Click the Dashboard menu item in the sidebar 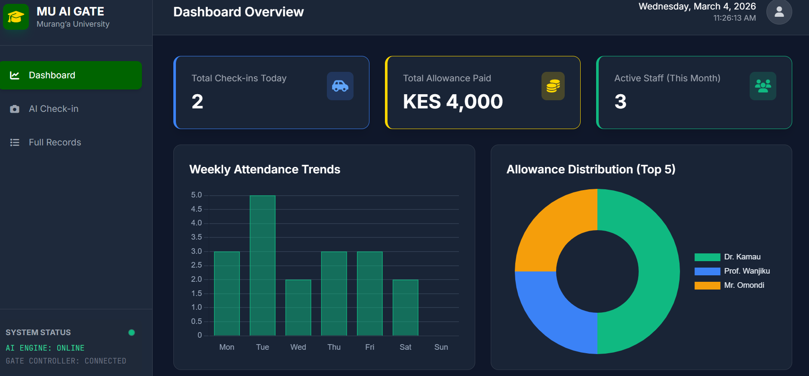coord(71,75)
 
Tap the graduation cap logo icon coord(16,17)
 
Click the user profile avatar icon coord(779,12)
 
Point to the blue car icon coord(340,86)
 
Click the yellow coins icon coord(553,86)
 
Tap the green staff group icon coord(763,86)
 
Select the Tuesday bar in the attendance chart coord(262,265)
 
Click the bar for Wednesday coord(298,308)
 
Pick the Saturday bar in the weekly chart coord(405,308)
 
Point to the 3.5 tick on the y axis coord(197,237)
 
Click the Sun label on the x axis coord(441,347)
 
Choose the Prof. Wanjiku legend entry coord(732,271)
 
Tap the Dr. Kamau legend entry coord(727,257)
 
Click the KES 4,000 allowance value coord(453,102)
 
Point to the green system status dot coord(132,333)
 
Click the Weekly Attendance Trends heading coord(265,170)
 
